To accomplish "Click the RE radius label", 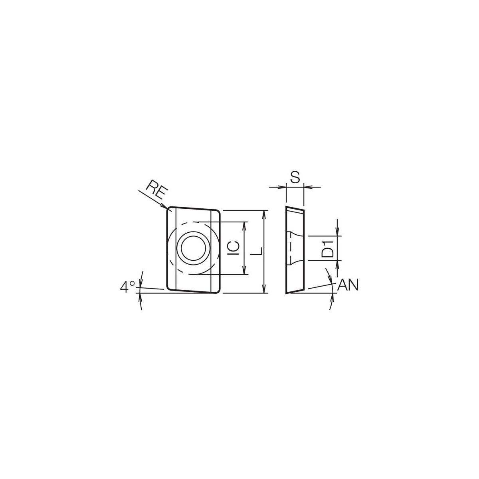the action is pos(157,191).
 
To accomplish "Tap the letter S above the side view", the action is pos(295,177).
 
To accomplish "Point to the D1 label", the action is pos(327,248).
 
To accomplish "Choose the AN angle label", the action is pos(348,285).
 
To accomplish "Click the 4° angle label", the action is pos(127,287).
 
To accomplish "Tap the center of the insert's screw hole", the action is pos(193,248).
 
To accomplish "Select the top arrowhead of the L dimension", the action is pos(265,214).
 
